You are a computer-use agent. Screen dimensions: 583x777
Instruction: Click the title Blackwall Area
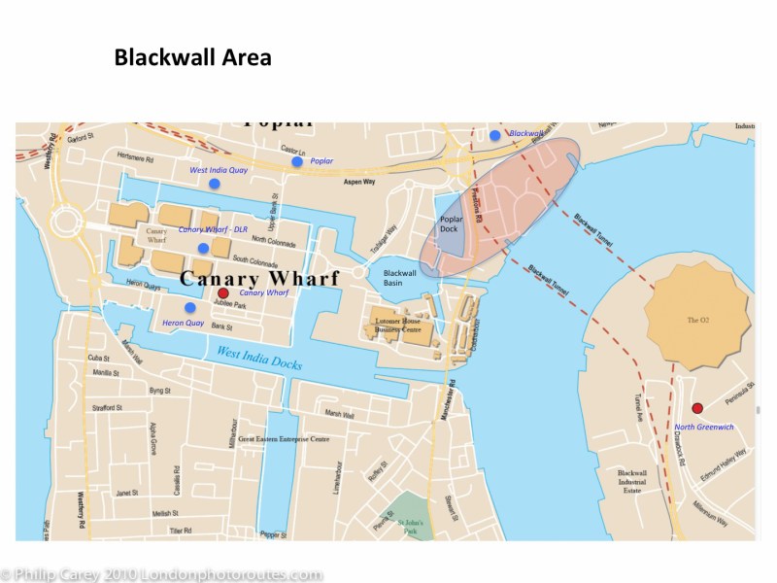[192, 57]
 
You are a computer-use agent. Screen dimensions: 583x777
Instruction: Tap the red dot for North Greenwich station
[696, 408]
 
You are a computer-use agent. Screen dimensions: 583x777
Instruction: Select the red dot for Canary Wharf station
[222, 292]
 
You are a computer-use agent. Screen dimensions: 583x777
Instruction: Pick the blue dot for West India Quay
[214, 183]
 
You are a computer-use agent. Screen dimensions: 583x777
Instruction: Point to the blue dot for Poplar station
[297, 161]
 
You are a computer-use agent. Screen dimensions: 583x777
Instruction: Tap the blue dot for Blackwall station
[495, 135]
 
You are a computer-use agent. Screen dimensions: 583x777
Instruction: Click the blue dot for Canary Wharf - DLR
[203, 248]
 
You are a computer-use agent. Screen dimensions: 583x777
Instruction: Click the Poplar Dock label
[448, 224]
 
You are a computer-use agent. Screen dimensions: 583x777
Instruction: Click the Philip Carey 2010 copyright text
[161, 574]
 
